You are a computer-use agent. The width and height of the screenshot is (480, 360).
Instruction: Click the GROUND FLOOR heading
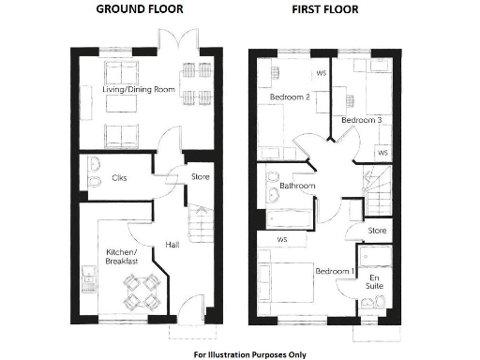pyautogui.click(x=140, y=8)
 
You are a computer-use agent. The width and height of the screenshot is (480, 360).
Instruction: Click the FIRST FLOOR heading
pyautogui.click(x=324, y=8)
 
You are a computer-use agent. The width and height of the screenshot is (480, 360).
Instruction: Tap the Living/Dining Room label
pyautogui.click(x=139, y=90)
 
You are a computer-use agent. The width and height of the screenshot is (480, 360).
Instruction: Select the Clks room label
pyautogui.click(x=119, y=177)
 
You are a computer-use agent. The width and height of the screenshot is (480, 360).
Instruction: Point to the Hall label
pyautogui.click(x=172, y=245)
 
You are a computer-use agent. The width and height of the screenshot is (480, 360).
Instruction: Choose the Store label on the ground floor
pyautogui.click(x=200, y=177)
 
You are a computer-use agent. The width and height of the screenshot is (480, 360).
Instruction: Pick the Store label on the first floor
pyautogui.click(x=377, y=230)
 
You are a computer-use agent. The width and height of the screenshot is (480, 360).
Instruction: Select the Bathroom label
pyautogui.click(x=296, y=187)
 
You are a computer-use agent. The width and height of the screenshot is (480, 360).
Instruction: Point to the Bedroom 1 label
pyautogui.click(x=335, y=271)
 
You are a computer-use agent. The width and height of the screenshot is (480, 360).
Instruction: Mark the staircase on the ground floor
pyautogui.click(x=200, y=225)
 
